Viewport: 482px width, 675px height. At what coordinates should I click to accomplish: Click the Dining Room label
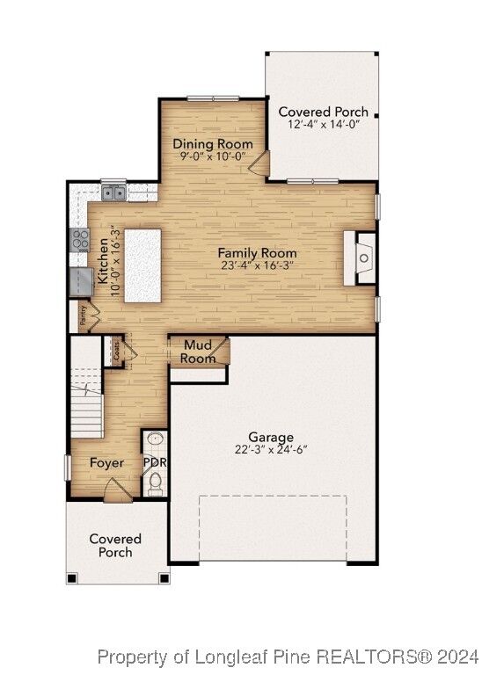coord(212,143)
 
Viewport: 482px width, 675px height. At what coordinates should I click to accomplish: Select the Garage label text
coord(270,437)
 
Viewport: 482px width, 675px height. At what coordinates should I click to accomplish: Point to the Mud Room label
coord(198,352)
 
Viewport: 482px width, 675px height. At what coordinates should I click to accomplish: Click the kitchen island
coord(142,265)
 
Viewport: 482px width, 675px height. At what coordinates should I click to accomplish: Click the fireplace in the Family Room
coord(361,258)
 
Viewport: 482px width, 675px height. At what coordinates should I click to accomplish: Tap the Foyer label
coord(106,463)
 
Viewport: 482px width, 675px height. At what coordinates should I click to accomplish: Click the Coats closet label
coord(114,352)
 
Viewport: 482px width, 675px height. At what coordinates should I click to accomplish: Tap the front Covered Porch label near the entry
coord(115,545)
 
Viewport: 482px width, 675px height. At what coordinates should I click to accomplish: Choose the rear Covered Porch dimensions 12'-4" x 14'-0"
coord(323,125)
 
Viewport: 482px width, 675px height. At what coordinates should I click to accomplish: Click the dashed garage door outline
coord(272,527)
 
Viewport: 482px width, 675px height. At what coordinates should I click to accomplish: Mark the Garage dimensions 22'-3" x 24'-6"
coord(270,449)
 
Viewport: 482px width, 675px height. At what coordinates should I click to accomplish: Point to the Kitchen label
coord(103,260)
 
